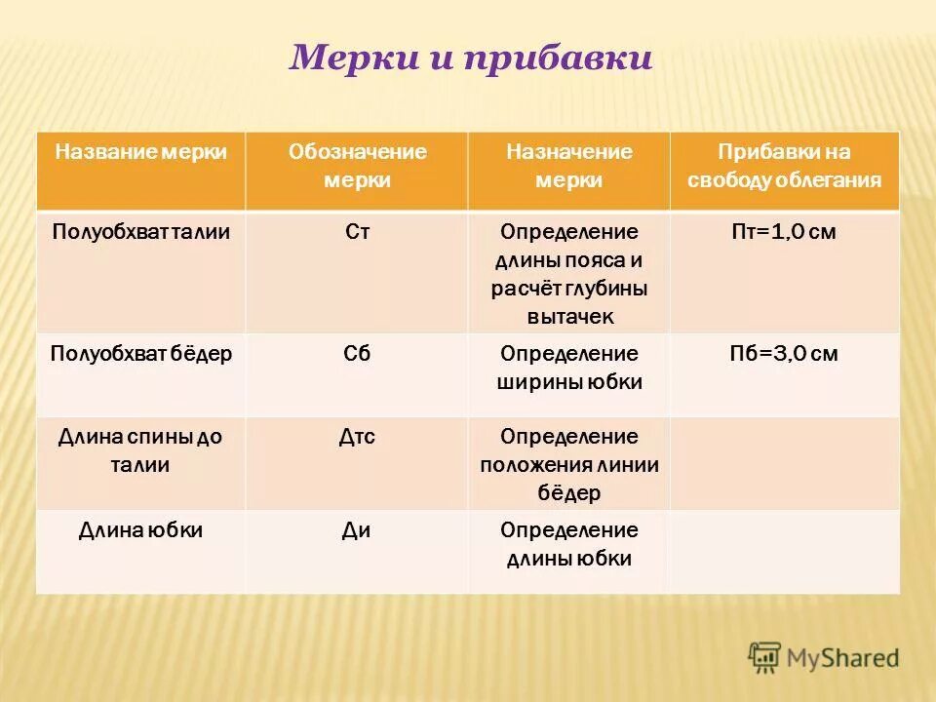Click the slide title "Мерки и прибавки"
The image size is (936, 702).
pyautogui.click(x=470, y=58)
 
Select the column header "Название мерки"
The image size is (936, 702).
pyautogui.click(x=141, y=152)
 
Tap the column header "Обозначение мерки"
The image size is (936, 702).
pyautogui.click(x=357, y=166)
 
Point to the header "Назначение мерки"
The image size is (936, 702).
pyautogui.click(x=568, y=166)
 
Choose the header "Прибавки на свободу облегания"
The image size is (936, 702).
pyautogui.click(x=784, y=166)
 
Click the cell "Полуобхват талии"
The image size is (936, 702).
pyautogui.click(x=141, y=233)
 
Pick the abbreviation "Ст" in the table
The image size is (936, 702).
pyautogui.click(x=357, y=233)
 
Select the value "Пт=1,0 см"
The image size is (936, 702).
pyautogui.click(x=784, y=233)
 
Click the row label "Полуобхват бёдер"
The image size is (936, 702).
pyautogui.click(x=141, y=354)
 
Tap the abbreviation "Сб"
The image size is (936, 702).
pyautogui.click(x=357, y=354)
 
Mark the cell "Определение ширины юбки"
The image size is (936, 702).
pyautogui.click(x=569, y=368)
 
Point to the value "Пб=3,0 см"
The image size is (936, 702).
pyautogui.click(x=784, y=354)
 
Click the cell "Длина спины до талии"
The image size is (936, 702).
pyautogui.click(x=141, y=450)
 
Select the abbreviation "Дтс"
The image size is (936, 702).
pyautogui.click(x=357, y=438)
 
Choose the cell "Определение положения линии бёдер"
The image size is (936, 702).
pyautogui.click(x=569, y=465)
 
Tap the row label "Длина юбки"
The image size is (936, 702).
pyautogui.click(x=141, y=530)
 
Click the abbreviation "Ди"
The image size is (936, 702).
pyautogui.click(x=357, y=530)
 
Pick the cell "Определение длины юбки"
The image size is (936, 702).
pyautogui.click(x=569, y=544)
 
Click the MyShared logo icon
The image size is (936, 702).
pyautogui.click(x=765, y=658)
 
